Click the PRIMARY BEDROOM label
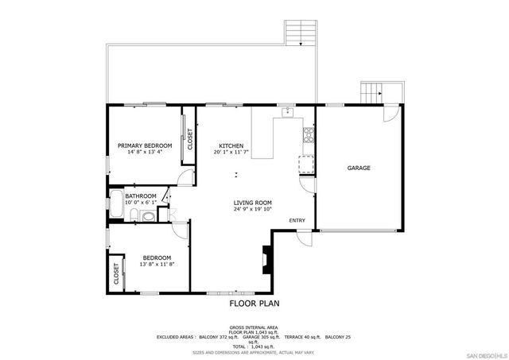coord(145,145)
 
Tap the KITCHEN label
coord(231,145)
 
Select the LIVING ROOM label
coord(253,203)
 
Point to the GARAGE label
coord(359,168)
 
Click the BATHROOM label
coord(140,196)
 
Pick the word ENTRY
coord(297,220)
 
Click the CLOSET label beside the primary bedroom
coord(190,139)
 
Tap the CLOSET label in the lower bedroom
coord(116,275)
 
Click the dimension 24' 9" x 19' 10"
coord(253,210)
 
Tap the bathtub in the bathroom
coord(116,206)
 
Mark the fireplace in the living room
coord(265,258)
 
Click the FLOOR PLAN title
coord(252,303)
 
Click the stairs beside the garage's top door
coord(371,92)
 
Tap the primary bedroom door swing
coord(185,176)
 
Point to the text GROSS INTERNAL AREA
coord(252,327)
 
